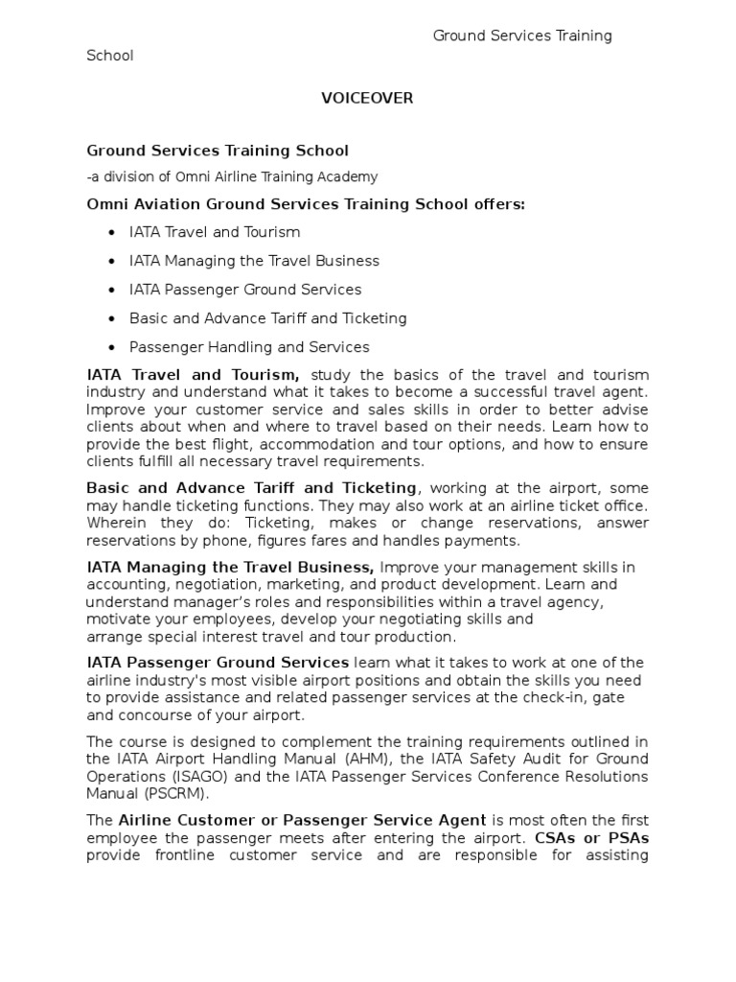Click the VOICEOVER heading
[x=367, y=99]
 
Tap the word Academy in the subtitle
[x=349, y=176]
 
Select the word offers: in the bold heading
[x=496, y=204]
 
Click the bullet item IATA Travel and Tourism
[x=215, y=232]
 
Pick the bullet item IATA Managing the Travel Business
[x=254, y=261]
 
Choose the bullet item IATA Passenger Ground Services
[x=245, y=290]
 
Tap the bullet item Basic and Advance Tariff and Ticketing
[x=268, y=318]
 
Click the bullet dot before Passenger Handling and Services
[x=113, y=347]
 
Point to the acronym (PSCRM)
[x=176, y=793]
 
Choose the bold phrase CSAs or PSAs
[x=592, y=837]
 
